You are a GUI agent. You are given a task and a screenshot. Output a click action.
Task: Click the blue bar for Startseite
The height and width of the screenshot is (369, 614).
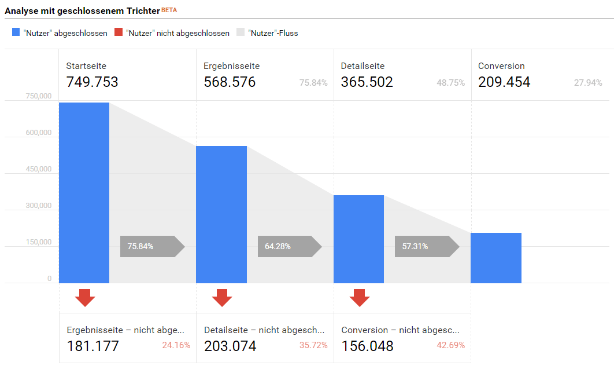[84, 193]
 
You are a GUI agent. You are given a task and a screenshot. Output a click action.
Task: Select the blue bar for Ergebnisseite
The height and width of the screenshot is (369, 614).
[221, 214]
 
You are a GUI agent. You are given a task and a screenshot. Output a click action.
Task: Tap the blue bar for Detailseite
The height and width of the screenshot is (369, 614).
[359, 239]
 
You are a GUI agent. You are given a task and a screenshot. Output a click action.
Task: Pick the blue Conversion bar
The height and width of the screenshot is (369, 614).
[496, 258]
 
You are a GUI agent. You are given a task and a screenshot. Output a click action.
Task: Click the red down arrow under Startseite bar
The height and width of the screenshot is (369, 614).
[85, 297]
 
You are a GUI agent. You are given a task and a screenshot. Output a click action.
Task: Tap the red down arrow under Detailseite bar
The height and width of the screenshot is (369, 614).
[360, 297]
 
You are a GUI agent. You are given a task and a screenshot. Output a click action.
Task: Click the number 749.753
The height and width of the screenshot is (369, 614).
[92, 82]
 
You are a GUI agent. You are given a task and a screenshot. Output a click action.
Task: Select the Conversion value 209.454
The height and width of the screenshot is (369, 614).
[504, 82]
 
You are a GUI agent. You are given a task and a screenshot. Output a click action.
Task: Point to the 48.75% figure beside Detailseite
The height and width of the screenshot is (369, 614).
[450, 83]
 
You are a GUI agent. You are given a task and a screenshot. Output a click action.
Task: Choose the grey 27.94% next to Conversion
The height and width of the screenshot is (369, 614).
[588, 83]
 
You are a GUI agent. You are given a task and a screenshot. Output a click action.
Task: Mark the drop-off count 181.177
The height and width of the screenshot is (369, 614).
[93, 346]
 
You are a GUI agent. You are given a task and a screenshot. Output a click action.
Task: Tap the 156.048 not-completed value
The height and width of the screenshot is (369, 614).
[367, 346]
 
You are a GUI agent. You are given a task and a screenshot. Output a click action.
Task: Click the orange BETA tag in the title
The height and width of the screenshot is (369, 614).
[169, 10]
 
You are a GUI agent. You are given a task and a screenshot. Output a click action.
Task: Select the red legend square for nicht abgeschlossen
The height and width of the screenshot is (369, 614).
[119, 32]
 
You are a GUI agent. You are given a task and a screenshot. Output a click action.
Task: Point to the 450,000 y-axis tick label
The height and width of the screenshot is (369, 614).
[39, 169]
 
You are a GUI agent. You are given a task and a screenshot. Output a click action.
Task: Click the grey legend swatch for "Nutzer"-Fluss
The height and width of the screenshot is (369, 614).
[241, 32]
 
